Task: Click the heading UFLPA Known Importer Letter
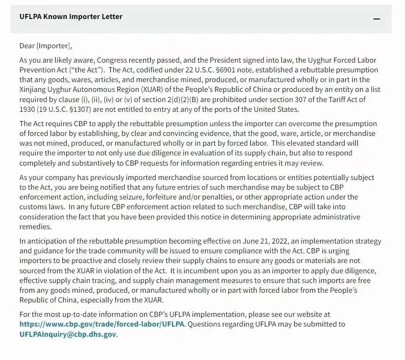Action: pos(71,17)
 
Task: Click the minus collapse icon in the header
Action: pos(377,19)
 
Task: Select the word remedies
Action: pos(35,226)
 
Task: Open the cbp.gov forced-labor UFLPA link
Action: pos(102,324)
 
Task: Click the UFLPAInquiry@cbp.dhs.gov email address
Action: pos(68,334)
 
